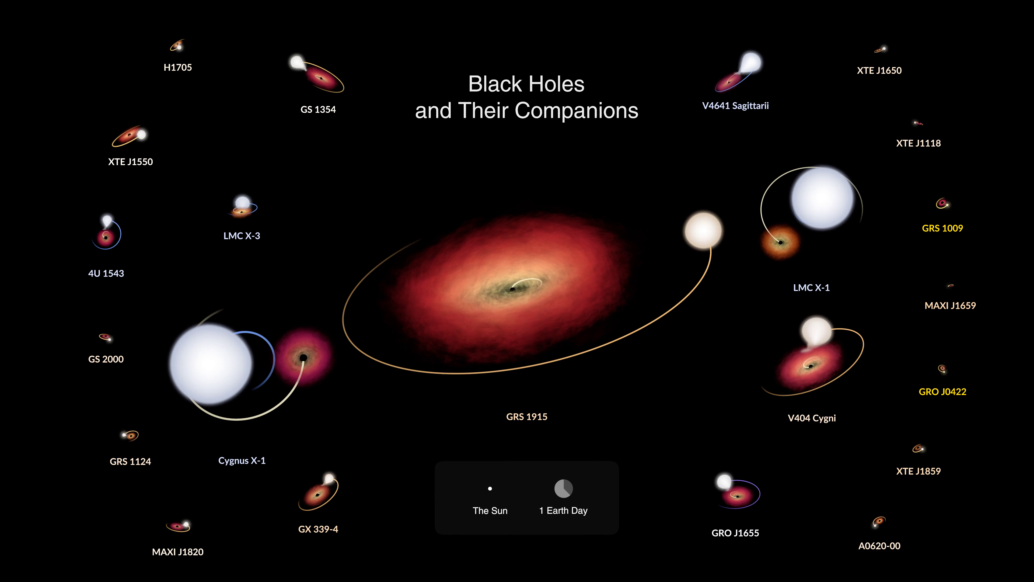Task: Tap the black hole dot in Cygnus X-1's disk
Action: pyautogui.click(x=303, y=358)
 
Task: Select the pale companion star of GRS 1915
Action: pyautogui.click(x=703, y=231)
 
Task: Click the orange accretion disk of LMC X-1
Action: pyautogui.click(x=780, y=242)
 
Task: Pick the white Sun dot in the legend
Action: pyautogui.click(x=490, y=489)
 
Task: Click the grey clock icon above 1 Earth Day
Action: pyautogui.click(x=564, y=489)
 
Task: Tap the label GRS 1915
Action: pyautogui.click(x=527, y=417)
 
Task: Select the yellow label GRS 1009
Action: pyautogui.click(x=942, y=228)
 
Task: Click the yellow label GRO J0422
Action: pyautogui.click(x=942, y=392)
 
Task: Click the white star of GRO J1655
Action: pyautogui.click(x=724, y=481)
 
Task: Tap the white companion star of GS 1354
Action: pyautogui.click(x=297, y=62)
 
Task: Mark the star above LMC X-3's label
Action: pyautogui.click(x=242, y=202)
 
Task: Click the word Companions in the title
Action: pyautogui.click(x=577, y=111)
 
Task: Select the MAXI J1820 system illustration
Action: pyautogui.click(x=178, y=526)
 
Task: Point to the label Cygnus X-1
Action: pyautogui.click(x=242, y=461)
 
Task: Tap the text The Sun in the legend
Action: pyautogui.click(x=490, y=511)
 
